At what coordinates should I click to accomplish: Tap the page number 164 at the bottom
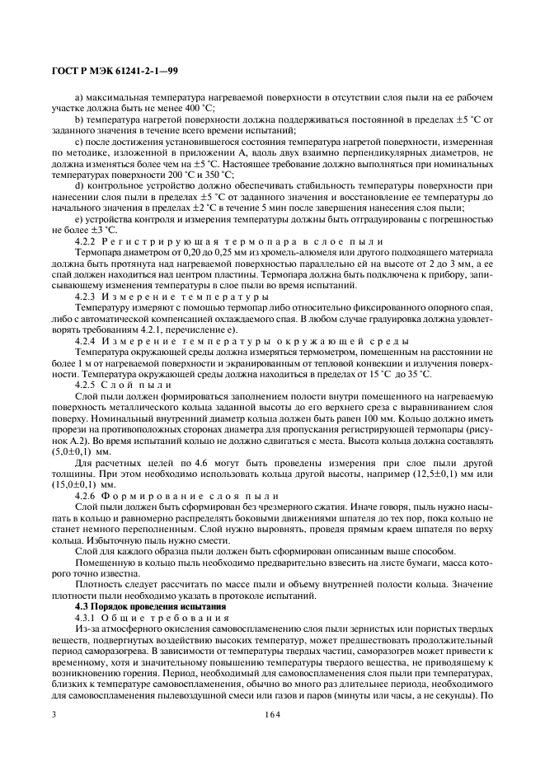272,716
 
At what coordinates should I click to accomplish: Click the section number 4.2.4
87,340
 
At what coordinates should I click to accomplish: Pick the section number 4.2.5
87,385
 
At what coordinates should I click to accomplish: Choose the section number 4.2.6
87,496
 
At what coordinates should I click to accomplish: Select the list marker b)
78,119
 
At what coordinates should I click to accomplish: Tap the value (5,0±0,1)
72,451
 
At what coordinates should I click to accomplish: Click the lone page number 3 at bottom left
54,716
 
